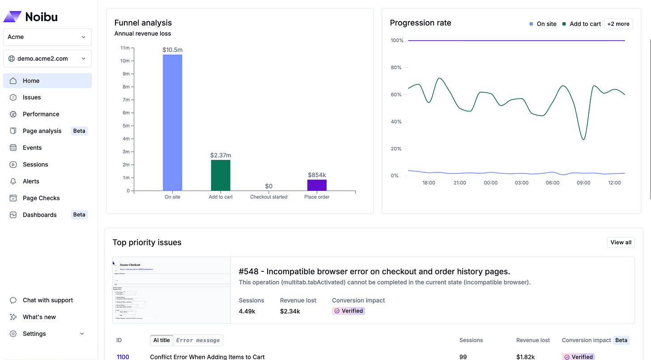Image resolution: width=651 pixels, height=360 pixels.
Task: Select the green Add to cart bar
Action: pos(221,175)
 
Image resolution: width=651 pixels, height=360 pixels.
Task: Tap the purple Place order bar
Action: pos(317,185)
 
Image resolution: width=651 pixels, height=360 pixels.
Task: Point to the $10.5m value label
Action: pos(172,50)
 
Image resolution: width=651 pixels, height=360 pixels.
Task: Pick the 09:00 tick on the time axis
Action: pos(583,183)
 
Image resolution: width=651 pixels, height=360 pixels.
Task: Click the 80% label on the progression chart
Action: pos(396,68)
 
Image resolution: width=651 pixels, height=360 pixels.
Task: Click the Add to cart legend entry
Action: pos(582,24)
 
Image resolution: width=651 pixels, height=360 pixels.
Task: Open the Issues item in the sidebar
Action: pos(32,97)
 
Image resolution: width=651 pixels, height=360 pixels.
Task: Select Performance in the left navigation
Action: pos(41,114)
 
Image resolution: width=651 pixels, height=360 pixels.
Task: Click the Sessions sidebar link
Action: pos(35,164)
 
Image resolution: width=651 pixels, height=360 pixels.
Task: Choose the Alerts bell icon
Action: pos(13,181)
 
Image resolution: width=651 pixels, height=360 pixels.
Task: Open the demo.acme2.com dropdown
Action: pos(47,59)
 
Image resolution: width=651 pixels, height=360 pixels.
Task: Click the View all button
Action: pos(621,242)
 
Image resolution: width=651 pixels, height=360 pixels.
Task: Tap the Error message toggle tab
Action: pos(198,340)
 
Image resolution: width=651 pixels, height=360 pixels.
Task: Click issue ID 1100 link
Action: pos(123,357)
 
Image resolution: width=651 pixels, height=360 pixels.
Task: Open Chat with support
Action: pos(47,300)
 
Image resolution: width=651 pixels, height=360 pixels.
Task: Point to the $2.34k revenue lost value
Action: pos(290,311)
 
